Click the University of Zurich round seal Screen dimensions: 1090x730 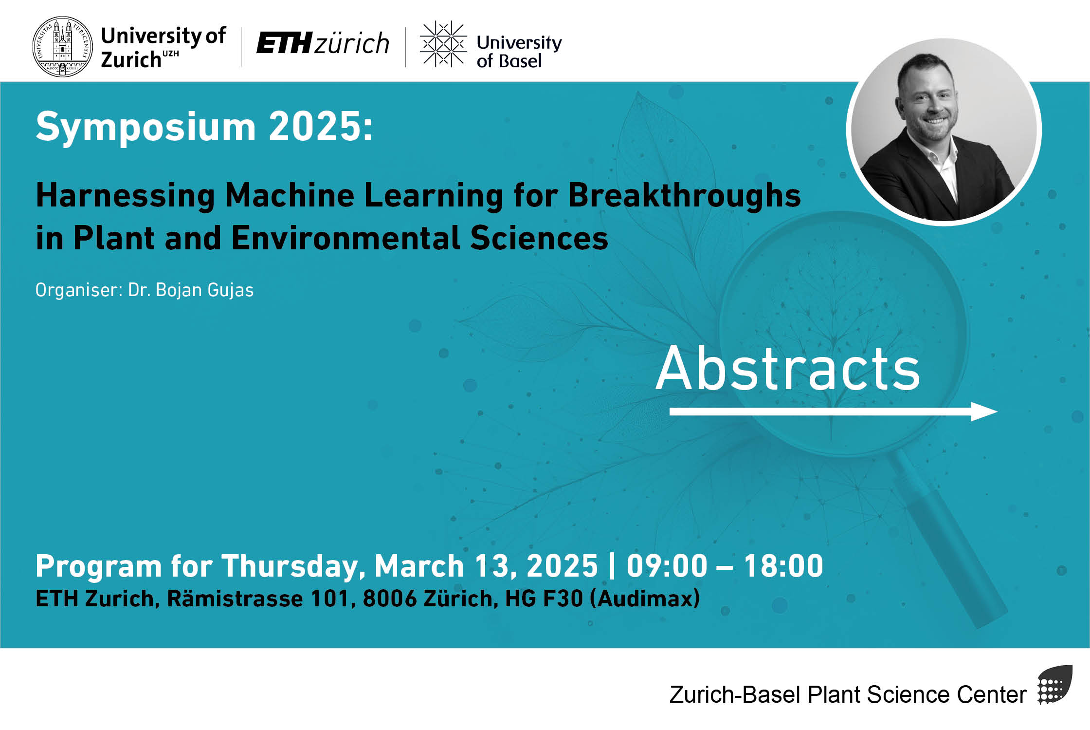[62, 47]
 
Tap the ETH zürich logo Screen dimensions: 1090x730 [323, 43]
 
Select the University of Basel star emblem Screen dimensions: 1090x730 [443, 44]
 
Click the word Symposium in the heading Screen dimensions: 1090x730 [145, 127]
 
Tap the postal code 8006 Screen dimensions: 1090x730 [390, 599]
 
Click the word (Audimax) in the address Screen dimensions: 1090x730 [645, 599]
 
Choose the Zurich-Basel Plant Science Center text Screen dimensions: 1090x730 [848, 694]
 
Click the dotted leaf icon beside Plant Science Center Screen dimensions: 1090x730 [1054, 685]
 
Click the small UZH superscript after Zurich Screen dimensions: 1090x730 [171, 53]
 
